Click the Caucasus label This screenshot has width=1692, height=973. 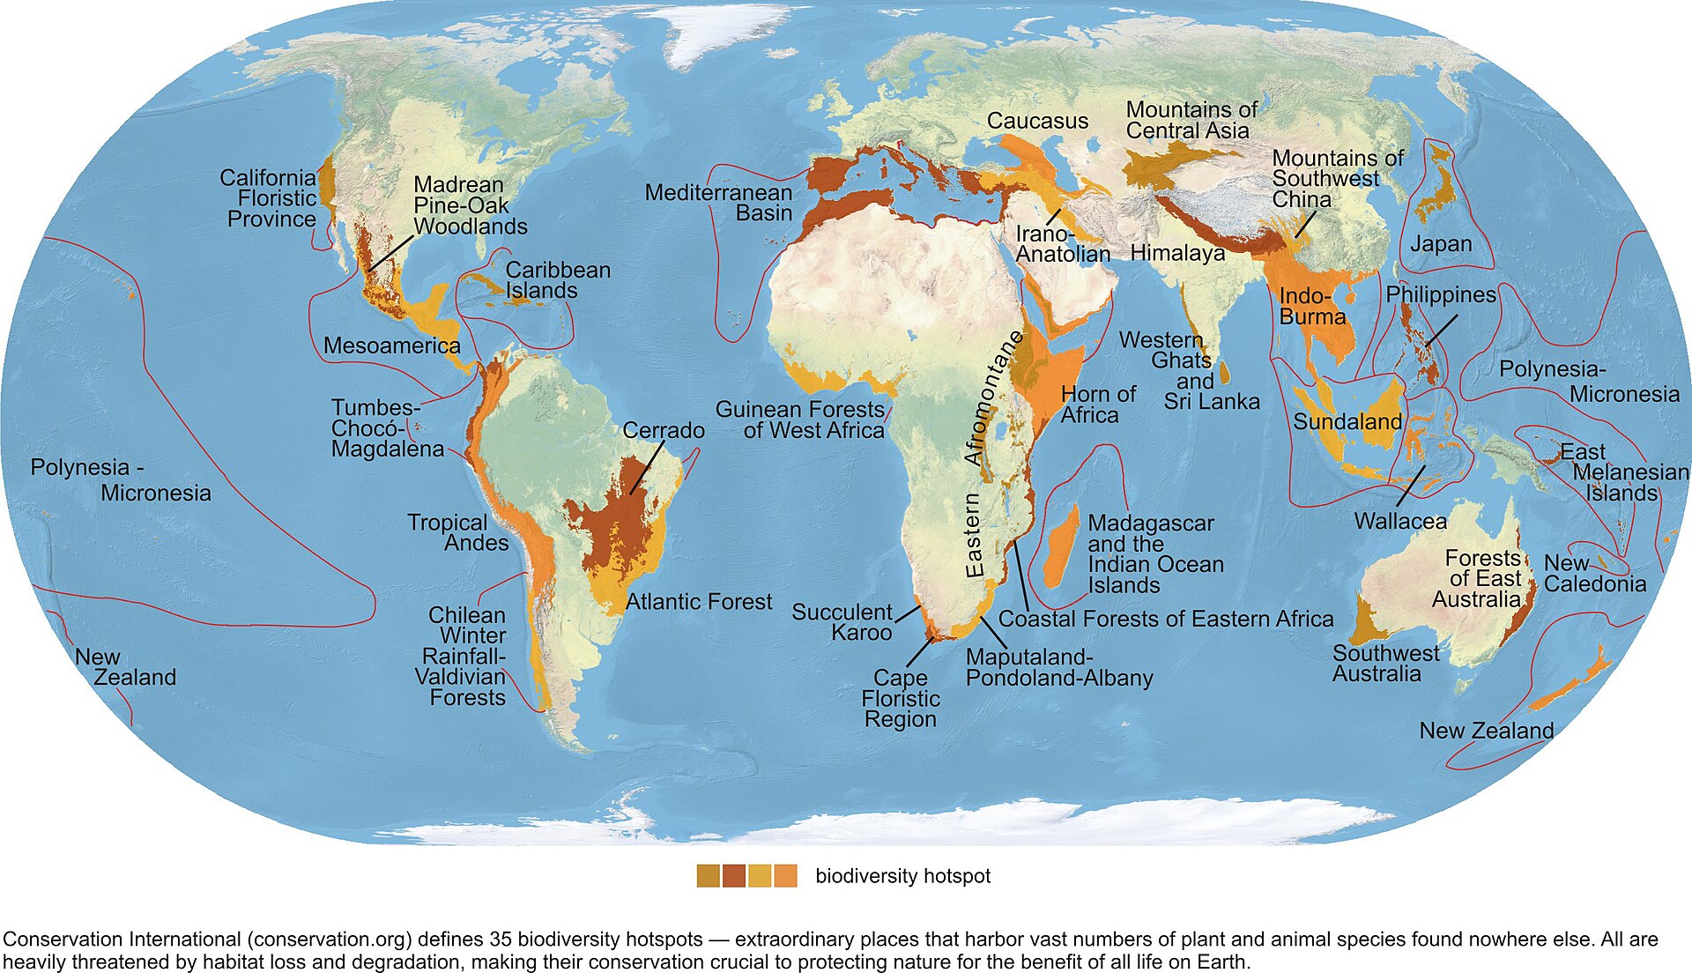tap(1037, 121)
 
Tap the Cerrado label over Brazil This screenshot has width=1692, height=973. tap(663, 430)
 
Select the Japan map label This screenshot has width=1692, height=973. tap(1441, 244)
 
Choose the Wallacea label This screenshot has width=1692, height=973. tap(1399, 521)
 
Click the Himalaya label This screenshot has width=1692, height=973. tap(1177, 253)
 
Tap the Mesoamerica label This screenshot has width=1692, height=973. tap(391, 345)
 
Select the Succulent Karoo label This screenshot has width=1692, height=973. tap(842, 621)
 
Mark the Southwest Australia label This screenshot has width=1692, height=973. tap(1385, 664)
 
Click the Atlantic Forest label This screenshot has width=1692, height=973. tap(699, 602)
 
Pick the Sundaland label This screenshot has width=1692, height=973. tap(1347, 421)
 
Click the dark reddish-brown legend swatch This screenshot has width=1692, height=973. tap(734, 876)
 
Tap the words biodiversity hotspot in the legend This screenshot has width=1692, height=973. tap(902, 876)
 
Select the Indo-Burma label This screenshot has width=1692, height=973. tap(1312, 306)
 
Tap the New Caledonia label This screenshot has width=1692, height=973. tap(1593, 574)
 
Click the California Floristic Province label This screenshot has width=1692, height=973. tap(269, 198)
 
